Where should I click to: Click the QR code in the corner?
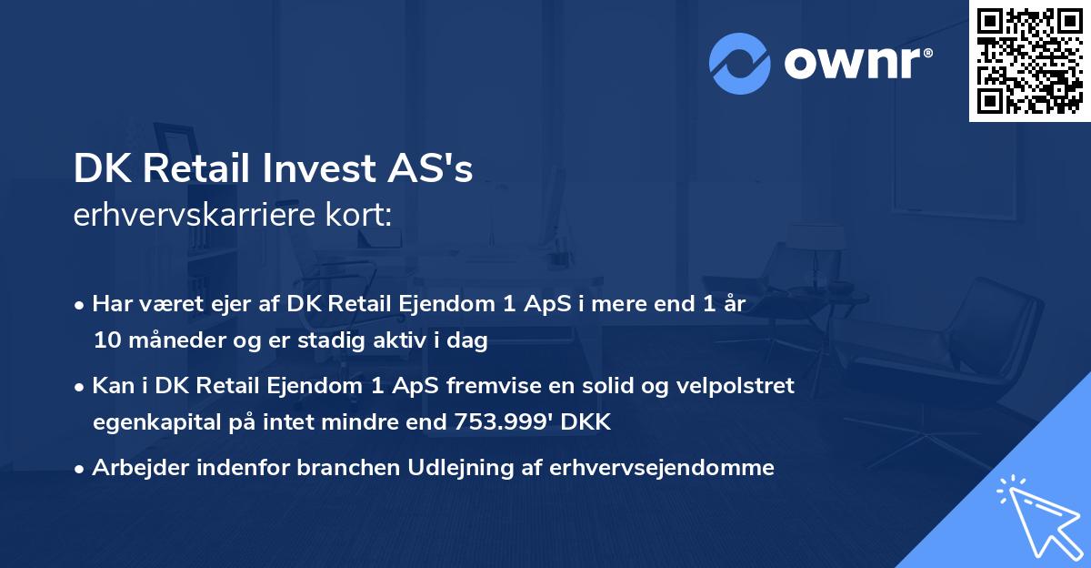(x=1030, y=61)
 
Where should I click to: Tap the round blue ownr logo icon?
(x=740, y=63)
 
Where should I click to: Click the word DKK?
(x=589, y=422)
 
